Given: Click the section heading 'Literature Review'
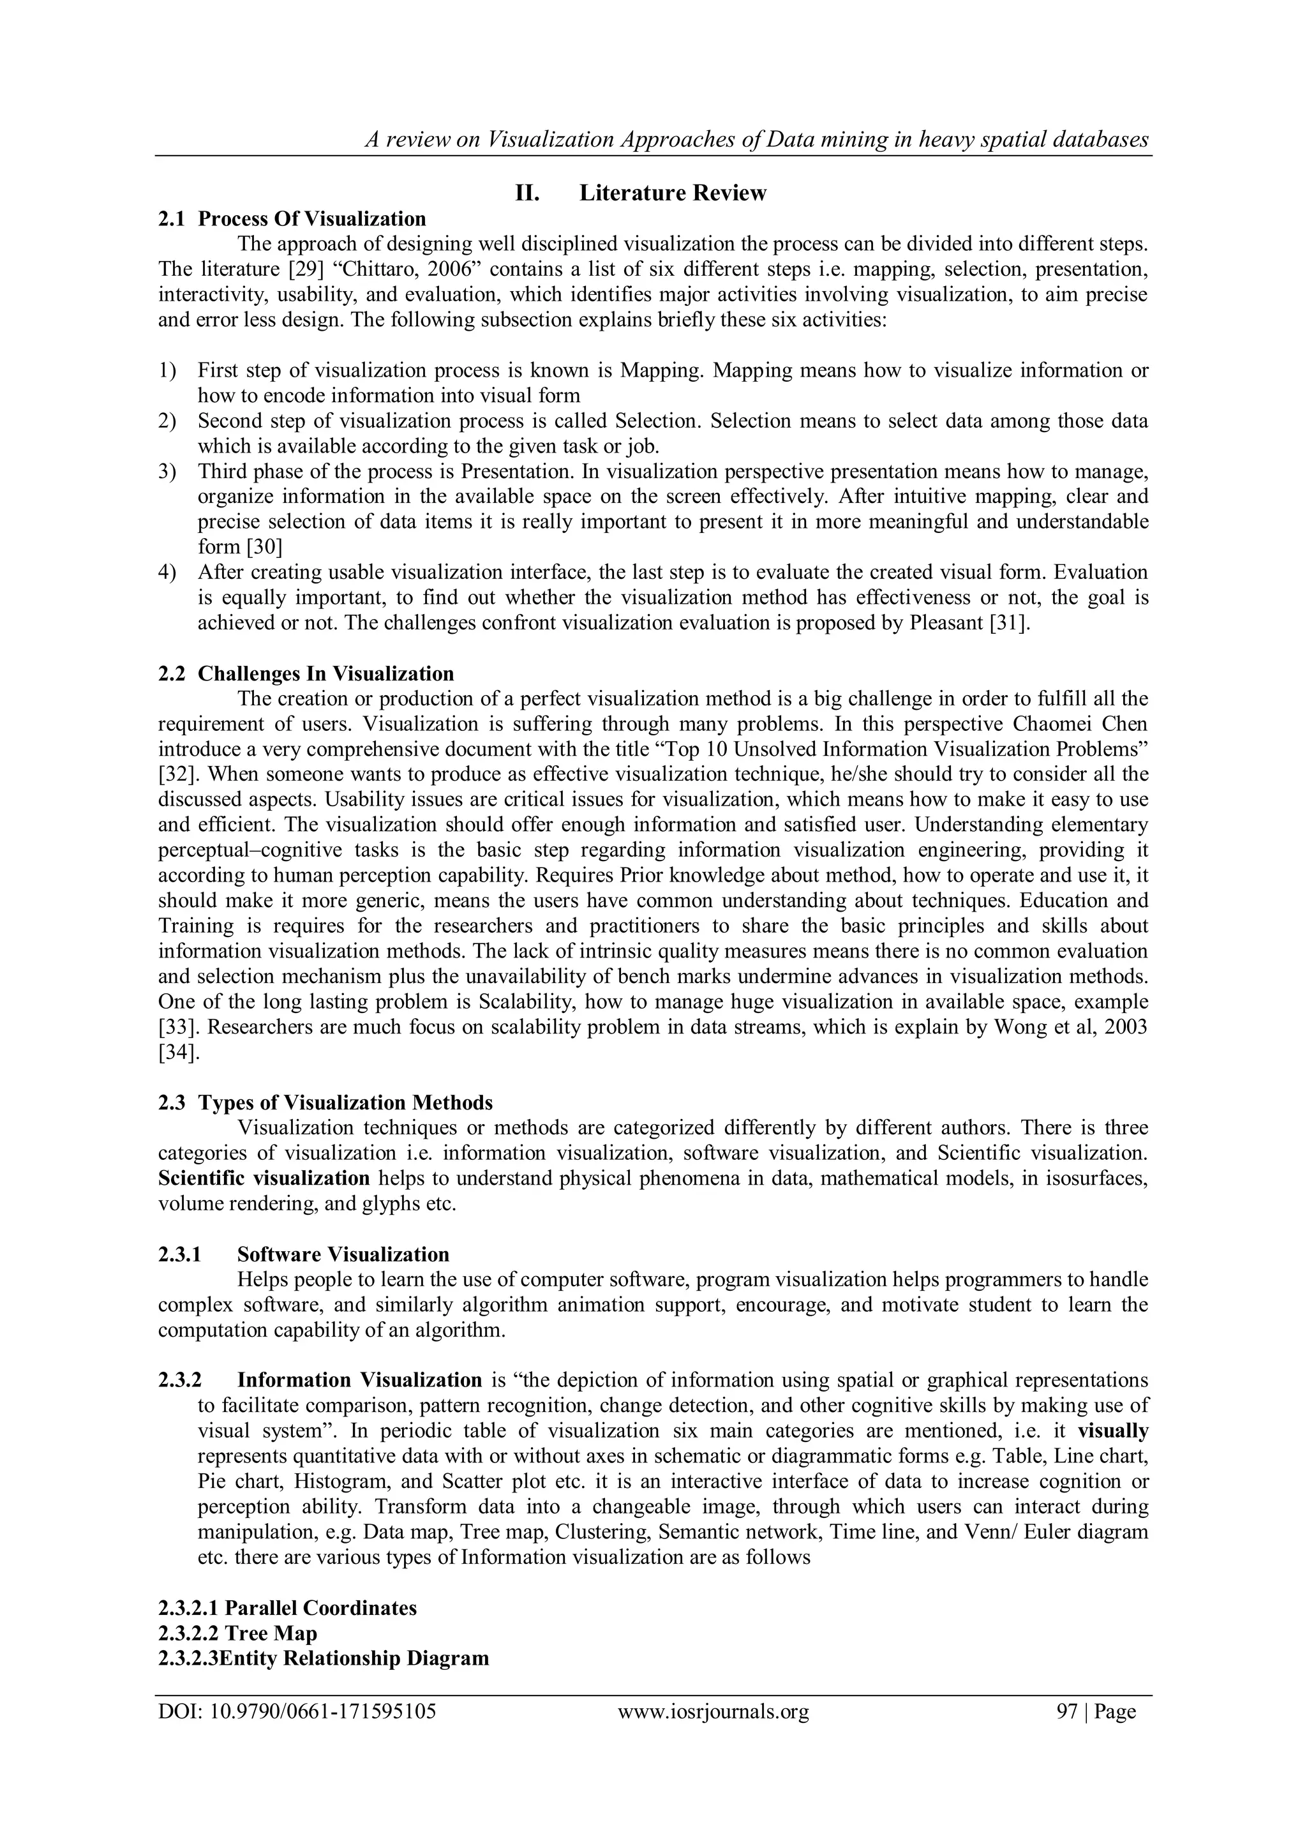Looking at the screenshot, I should point(672,193).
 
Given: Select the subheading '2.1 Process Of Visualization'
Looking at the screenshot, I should point(292,219).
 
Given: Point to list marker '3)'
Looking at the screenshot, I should point(167,472).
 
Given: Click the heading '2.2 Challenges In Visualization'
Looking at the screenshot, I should point(306,673).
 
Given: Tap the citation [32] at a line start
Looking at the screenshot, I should point(173,775).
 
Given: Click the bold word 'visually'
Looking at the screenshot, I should point(1113,1432).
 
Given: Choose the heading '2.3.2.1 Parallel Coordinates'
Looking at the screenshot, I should point(287,1608).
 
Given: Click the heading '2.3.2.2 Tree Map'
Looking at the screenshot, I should point(237,1633).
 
